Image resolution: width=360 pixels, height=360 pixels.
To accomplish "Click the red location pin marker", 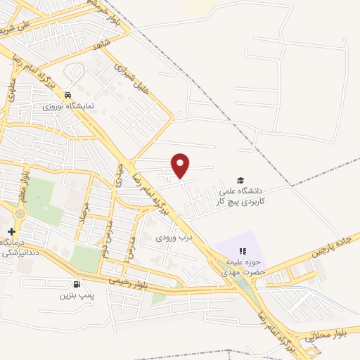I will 181,165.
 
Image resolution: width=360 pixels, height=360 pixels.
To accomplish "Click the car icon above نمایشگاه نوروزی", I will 67,95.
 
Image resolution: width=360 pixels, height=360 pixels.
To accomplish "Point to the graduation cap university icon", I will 241,181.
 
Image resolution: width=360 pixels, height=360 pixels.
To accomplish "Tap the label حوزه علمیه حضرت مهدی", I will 242,265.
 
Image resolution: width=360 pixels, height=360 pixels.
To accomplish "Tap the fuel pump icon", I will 76,284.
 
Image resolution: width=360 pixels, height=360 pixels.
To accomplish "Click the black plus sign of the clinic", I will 11,231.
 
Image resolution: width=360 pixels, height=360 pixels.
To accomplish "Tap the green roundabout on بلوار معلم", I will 18,212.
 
